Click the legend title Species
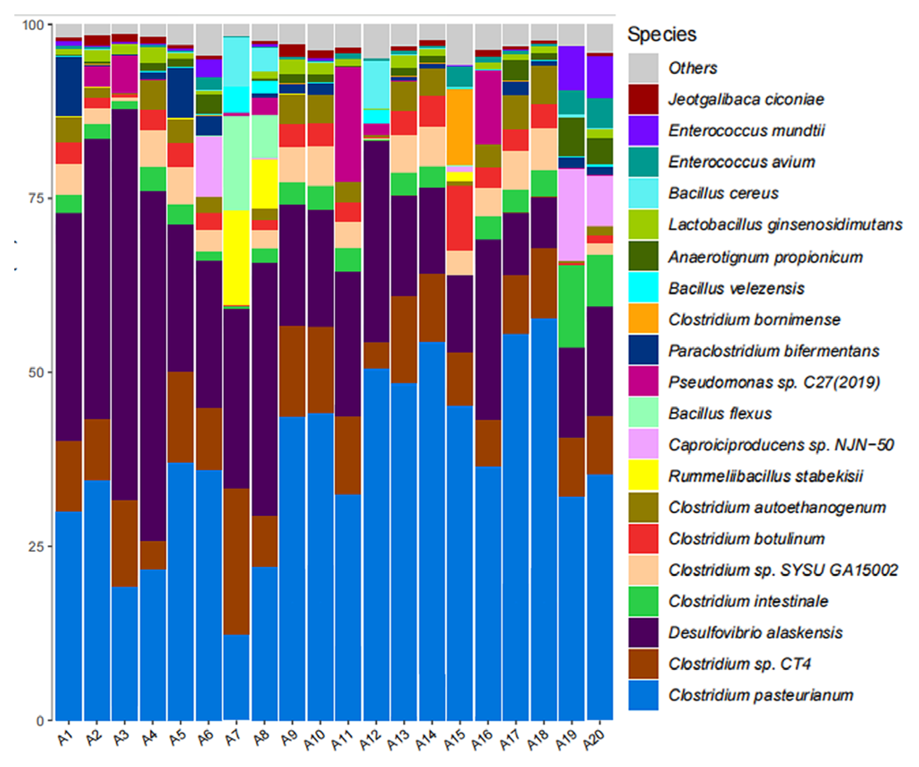[661, 35]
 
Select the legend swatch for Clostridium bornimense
[643, 318]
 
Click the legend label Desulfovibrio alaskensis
[755, 632]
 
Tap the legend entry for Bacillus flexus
[720, 413]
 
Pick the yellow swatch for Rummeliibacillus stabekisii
[643, 475]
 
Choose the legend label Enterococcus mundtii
[746, 131]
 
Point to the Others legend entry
[693, 68]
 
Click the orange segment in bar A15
[460, 127]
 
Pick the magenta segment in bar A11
[348, 124]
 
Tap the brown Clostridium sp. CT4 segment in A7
[236, 561]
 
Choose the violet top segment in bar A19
[572, 68]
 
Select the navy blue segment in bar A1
[69, 86]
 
